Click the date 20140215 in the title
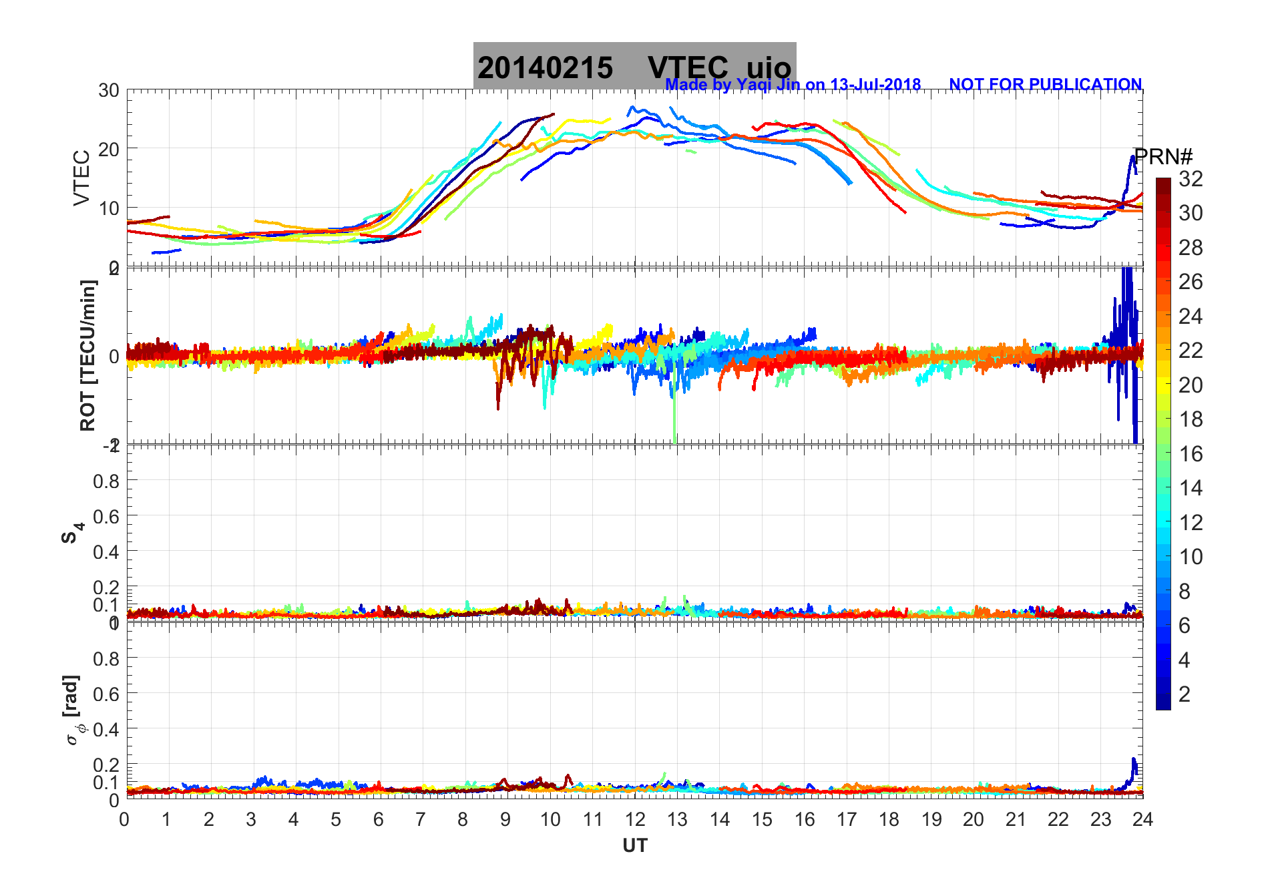545,68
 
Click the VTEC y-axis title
81,178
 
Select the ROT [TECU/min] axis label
87,355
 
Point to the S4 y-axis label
72,533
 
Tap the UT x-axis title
634,846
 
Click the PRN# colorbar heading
1163,157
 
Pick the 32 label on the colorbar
1190,178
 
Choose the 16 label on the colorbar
1190,454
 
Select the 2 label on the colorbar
1184,694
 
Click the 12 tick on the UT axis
634,819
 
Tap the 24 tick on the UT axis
1142,819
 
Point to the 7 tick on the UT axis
421,819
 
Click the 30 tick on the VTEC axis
109,90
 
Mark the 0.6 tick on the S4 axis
106,516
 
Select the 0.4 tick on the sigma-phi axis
106,729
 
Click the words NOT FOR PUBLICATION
1045,85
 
